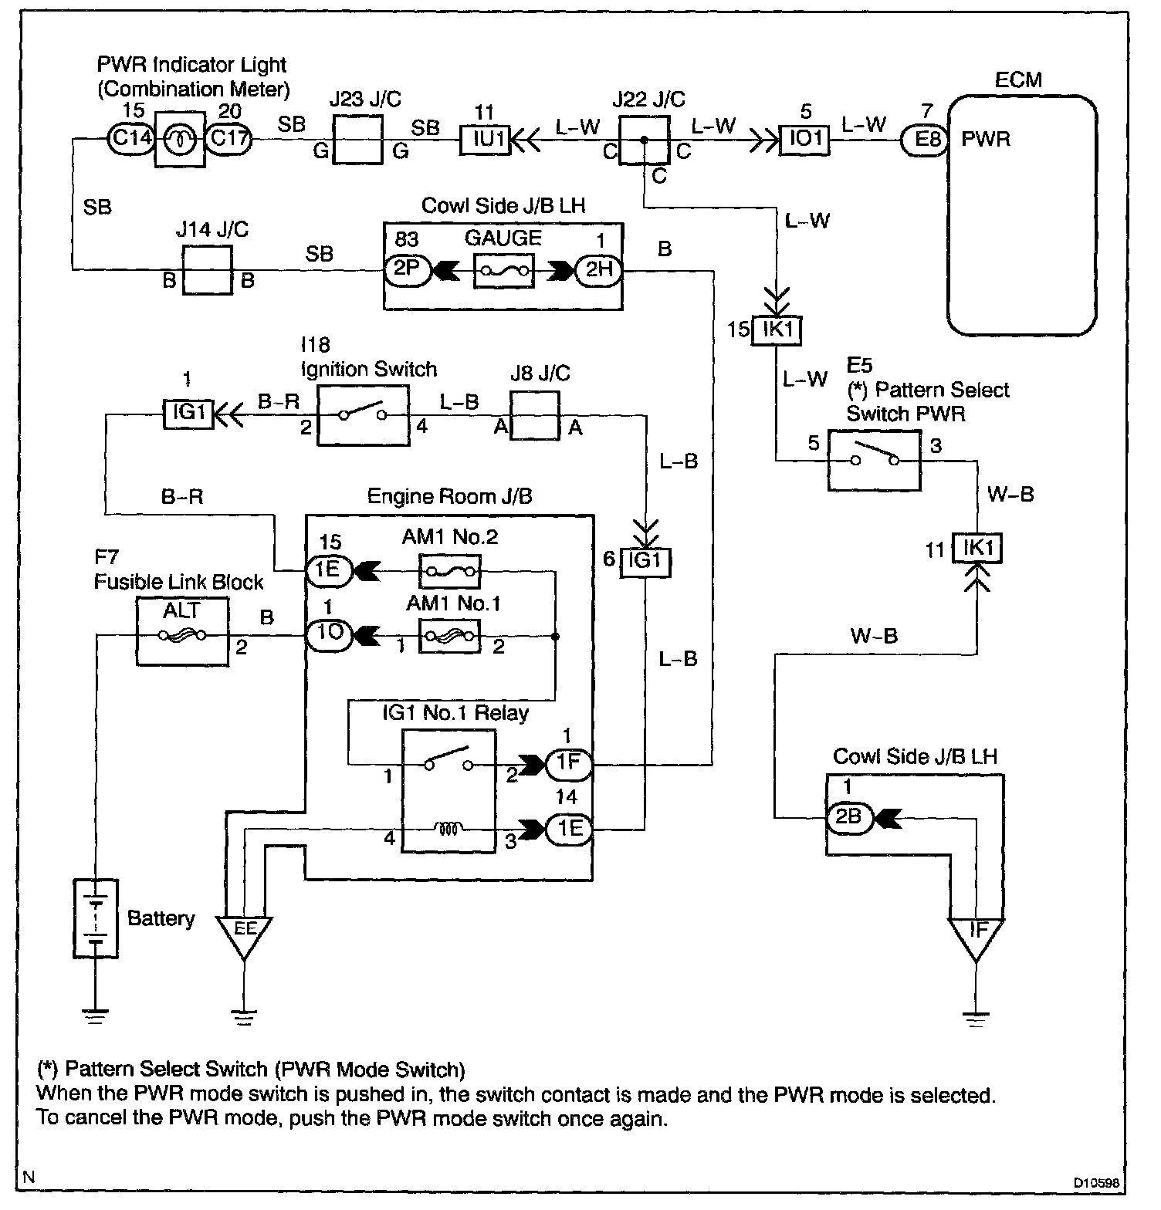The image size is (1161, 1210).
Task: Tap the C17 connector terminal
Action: [229, 139]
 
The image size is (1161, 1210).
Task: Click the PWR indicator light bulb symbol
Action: [179, 139]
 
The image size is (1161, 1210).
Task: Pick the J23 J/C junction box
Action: [357, 139]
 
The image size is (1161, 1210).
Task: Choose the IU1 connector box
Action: [485, 140]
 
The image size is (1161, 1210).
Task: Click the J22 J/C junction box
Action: [643, 140]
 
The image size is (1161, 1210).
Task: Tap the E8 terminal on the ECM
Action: [925, 140]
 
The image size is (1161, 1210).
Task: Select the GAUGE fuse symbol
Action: [503, 271]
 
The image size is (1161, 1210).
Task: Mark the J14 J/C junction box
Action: [207, 270]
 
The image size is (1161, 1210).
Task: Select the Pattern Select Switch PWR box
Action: [874, 461]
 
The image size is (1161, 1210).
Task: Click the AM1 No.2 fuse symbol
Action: [449, 572]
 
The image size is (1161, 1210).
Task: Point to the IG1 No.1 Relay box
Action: [448, 792]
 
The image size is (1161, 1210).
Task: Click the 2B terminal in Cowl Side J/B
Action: [848, 817]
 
